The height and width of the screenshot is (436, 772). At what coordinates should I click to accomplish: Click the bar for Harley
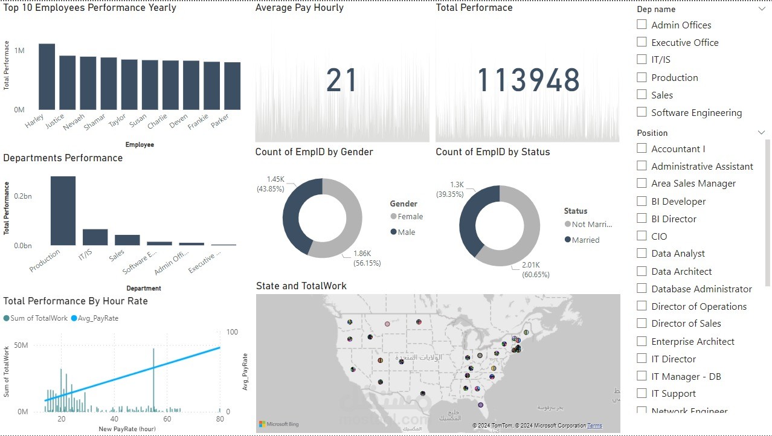[47, 77]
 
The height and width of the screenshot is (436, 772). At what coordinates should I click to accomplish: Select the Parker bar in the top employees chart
[233, 86]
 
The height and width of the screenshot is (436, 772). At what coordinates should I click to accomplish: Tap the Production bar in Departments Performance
[63, 211]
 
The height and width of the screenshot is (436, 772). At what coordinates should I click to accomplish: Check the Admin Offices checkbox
[642, 25]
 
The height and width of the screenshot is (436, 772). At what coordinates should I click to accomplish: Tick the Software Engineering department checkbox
[642, 112]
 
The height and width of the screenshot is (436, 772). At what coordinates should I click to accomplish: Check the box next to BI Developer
[642, 201]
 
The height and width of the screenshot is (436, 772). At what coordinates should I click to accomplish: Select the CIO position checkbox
[642, 236]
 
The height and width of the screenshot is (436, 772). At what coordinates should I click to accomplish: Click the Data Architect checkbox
[642, 271]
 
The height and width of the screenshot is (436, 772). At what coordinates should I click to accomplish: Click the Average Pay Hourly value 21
[342, 81]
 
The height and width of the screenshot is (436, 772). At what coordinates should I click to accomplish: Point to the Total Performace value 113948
[529, 81]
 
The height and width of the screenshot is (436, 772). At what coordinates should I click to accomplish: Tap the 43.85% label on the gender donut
[268, 188]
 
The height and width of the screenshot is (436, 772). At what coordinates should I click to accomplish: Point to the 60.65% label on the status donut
[536, 275]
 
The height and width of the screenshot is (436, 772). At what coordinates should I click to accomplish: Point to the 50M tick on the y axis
[21, 345]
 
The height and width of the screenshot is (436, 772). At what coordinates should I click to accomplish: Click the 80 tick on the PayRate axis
[220, 419]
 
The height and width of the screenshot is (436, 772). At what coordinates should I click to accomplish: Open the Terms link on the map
[594, 426]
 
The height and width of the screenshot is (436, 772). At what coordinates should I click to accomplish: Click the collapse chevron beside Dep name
[761, 9]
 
